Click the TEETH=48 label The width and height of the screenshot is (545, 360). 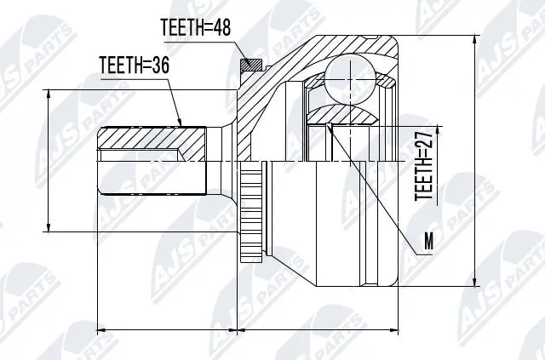[x=195, y=29]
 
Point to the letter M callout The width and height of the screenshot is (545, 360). [x=429, y=243]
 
